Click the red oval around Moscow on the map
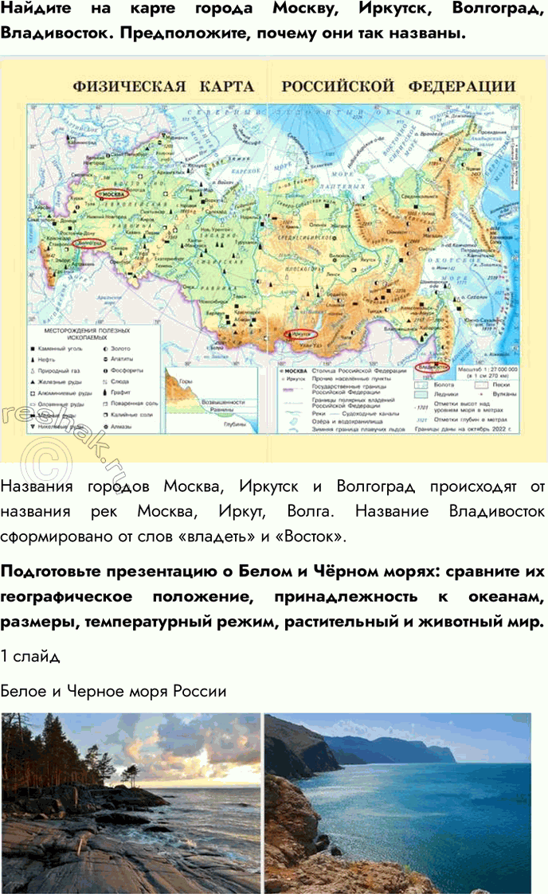click(x=111, y=193)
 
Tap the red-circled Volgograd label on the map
click(x=88, y=242)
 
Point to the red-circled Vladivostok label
click(x=433, y=367)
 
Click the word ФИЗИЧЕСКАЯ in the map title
click(x=129, y=86)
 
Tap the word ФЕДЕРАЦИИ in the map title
click(x=462, y=86)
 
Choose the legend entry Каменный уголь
click(x=60, y=348)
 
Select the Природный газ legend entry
click(x=64, y=370)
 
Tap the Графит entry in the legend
click(x=119, y=392)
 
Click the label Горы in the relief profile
click(x=186, y=382)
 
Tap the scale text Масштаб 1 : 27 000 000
click(x=485, y=369)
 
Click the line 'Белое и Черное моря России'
click(x=114, y=691)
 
